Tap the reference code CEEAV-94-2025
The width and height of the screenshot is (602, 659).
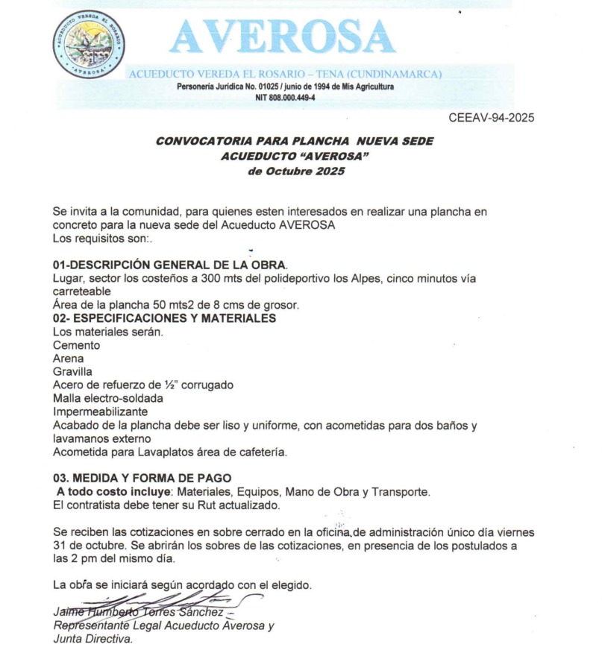pos(492,118)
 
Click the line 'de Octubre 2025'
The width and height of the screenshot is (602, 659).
pos(295,171)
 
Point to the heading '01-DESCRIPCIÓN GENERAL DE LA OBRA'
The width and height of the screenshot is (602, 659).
pos(170,265)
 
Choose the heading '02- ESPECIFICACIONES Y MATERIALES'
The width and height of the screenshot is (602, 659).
pos(164,318)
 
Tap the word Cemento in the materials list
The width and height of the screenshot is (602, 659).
pos(76,345)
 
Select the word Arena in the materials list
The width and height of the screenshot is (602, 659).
pos(69,359)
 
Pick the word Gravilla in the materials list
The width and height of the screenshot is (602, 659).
pos(73,371)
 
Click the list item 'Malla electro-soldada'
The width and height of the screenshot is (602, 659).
pos(107,398)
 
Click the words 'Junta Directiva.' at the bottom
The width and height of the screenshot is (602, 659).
pos(93,639)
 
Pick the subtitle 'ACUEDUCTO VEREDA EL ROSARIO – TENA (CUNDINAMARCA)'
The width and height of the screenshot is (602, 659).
pos(286,75)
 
